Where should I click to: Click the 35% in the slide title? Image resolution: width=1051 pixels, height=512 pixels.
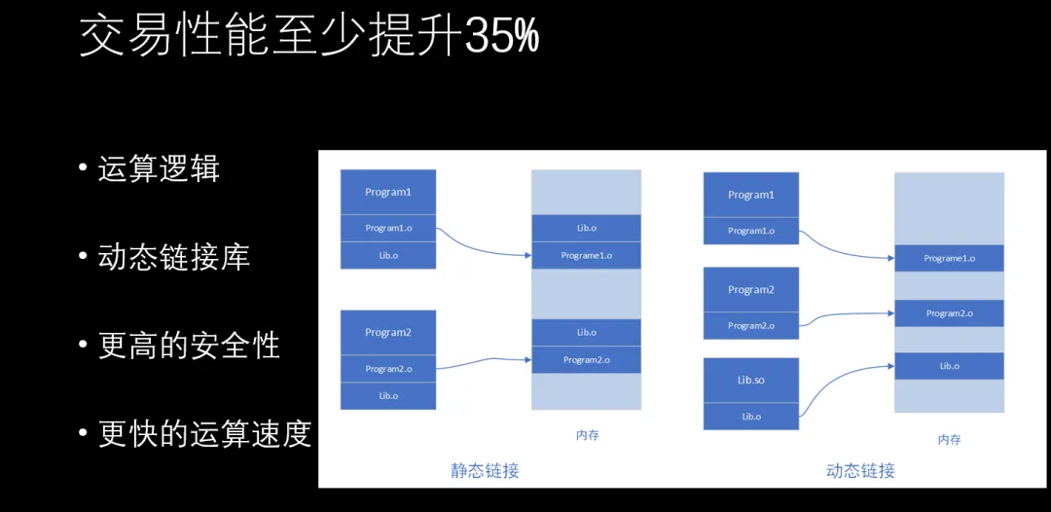click(501, 37)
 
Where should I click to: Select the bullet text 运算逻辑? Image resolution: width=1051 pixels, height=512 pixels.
click(159, 169)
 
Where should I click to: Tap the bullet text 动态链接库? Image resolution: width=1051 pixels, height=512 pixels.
click(174, 257)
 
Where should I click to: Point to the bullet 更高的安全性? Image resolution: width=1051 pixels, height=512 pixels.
click(189, 346)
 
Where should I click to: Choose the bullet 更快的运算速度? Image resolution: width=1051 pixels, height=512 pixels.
click(204, 433)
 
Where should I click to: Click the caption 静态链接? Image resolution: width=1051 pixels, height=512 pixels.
click(485, 471)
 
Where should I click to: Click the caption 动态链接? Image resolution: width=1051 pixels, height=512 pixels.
click(860, 471)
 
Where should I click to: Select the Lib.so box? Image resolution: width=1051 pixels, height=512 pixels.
click(750, 380)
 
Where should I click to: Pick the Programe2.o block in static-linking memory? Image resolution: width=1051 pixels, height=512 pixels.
click(586, 360)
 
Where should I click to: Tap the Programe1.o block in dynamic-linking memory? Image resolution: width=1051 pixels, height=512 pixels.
click(949, 259)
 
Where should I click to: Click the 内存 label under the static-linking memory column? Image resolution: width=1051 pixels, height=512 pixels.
click(587, 435)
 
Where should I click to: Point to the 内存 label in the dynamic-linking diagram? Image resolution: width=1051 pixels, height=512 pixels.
click(949, 440)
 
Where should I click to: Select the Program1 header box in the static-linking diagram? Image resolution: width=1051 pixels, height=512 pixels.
click(388, 192)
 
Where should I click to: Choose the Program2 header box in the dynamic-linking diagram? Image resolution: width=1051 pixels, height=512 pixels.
click(750, 290)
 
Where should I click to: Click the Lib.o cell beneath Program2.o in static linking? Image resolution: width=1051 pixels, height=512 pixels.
click(388, 396)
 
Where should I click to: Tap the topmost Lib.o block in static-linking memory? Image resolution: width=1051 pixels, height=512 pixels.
click(586, 228)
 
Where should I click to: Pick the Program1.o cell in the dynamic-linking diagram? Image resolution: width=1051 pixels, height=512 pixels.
click(750, 231)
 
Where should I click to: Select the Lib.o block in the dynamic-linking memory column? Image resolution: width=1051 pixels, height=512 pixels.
click(949, 366)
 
